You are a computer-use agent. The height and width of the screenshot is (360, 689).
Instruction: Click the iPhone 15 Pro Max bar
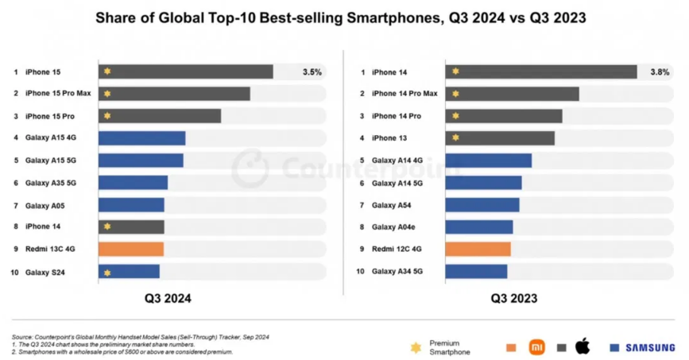pos(174,94)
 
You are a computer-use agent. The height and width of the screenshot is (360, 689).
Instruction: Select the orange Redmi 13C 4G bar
pos(131,250)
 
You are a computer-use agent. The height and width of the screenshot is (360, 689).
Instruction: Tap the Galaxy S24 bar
pos(129,273)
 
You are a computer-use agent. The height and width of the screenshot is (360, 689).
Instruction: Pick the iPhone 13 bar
pos(500,138)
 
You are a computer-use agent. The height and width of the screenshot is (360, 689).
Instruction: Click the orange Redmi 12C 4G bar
pos(478,250)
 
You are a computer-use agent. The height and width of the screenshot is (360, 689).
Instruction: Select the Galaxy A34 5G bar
pos(476,272)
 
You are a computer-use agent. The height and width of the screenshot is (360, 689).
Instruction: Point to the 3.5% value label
pos(312,72)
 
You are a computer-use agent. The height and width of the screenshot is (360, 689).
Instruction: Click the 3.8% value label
pos(660,72)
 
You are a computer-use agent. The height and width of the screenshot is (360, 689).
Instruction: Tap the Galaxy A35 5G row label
pos(51,183)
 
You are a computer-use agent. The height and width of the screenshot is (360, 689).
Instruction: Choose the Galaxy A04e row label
pos(393,227)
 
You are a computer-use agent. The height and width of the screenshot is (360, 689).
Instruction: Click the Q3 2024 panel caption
pos(168,299)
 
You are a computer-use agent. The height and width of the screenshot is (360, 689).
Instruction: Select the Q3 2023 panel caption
pos(513,299)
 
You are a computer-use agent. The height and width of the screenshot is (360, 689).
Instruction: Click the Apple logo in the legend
pos(583,346)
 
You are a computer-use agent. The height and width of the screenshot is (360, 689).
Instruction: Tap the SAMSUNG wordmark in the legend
pos(650,348)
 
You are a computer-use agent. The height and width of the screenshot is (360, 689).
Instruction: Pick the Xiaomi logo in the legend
pos(537,347)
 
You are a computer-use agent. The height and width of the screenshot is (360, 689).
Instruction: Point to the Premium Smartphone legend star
pos(415,347)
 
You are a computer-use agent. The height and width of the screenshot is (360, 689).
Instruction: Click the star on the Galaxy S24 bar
pos(107,273)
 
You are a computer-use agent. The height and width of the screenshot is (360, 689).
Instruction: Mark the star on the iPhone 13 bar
pos(455,138)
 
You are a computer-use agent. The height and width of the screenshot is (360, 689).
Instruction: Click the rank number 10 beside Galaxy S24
pos(14,273)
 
